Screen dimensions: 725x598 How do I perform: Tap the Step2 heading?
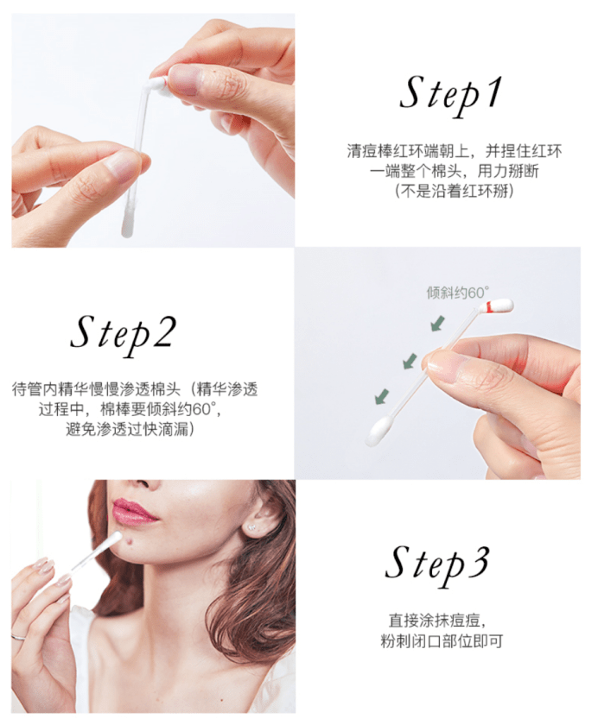click(x=124, y=333)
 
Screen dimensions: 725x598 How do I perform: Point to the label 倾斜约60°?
click(x=457, y=293)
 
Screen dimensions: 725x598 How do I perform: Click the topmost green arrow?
click(x=438, y=324)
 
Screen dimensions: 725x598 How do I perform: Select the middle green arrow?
click(x=410, y=362)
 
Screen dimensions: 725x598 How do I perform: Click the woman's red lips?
click(x=133, y=511)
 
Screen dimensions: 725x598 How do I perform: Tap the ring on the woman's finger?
click(x=18, y=637)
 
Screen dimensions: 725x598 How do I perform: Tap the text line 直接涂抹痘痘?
click(x=442, y=620)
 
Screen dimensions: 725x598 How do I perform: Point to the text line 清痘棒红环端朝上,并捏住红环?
click(x=455, y=151)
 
